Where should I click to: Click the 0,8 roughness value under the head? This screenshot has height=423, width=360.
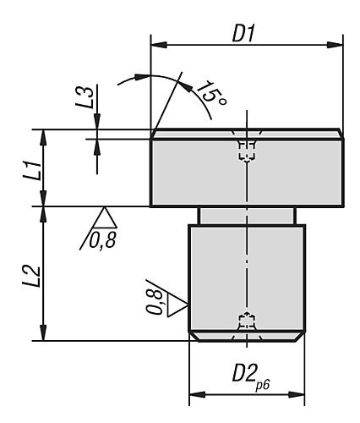(x=101, y=242)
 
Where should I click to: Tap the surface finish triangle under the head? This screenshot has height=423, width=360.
(x=106, y=216)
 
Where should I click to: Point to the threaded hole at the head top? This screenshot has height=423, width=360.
(x=246, y=150)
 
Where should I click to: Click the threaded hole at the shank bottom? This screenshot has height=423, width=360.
(x=246, y=322)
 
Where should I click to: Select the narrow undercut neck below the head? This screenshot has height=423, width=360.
(x=246, y=215)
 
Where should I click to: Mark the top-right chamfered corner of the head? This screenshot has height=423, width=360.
(x=340, y=133)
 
